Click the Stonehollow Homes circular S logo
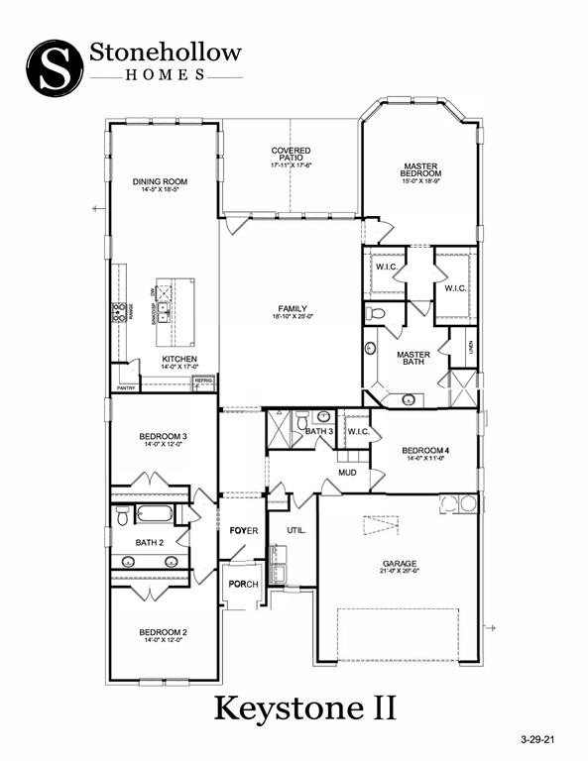55,67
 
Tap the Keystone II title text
306,707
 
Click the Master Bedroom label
420,169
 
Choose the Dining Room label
160,182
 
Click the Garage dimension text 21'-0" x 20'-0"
400,571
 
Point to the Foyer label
243,531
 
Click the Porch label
243,584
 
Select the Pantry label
126,388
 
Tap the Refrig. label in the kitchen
204,380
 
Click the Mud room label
347,473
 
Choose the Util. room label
295,530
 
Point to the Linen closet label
472,347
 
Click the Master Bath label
413,359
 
